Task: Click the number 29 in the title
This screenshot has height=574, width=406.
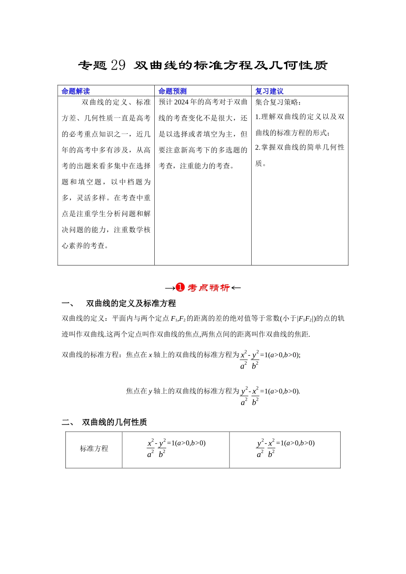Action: click(118, 65)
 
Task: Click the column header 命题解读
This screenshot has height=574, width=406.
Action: click(76, 91)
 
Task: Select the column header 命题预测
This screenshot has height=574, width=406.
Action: click(172, 91)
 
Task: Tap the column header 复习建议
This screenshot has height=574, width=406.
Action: click(269, 91)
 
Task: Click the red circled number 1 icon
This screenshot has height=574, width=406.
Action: click(180, 287)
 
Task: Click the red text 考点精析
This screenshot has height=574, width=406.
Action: click(209, 288)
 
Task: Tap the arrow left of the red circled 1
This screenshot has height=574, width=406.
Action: click(170, 288)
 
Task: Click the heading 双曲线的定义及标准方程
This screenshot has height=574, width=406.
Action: click(131, 304)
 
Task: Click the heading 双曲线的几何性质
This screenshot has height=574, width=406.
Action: click(115, 422)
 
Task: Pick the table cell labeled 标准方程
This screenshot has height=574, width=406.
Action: click(94, 448)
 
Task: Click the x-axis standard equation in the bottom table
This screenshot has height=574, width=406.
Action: click(176, 448)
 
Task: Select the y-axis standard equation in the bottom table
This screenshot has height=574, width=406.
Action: click(285, 448)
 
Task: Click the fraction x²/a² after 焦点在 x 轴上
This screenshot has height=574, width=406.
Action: click(244, 360)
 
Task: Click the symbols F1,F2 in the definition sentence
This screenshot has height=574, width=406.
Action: click(178, 319)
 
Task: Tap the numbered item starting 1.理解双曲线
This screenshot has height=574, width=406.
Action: click(300, 124)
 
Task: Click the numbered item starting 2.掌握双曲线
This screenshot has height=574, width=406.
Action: click(300, 155)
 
